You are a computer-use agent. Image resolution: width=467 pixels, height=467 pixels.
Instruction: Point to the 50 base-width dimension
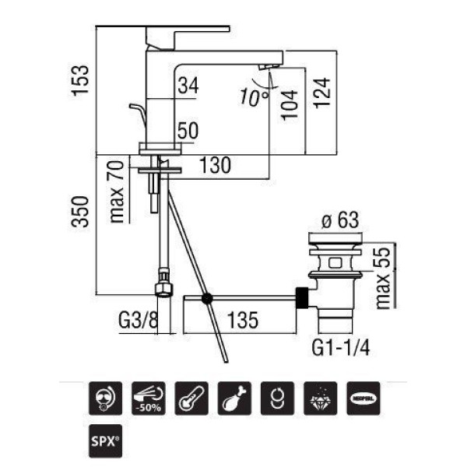click(x=187, y=131)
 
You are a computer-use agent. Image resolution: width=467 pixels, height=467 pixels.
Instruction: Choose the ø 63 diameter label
click(x=340, y=220)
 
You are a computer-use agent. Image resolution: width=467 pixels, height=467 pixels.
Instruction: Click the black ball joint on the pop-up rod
click(x=206, y=298)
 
